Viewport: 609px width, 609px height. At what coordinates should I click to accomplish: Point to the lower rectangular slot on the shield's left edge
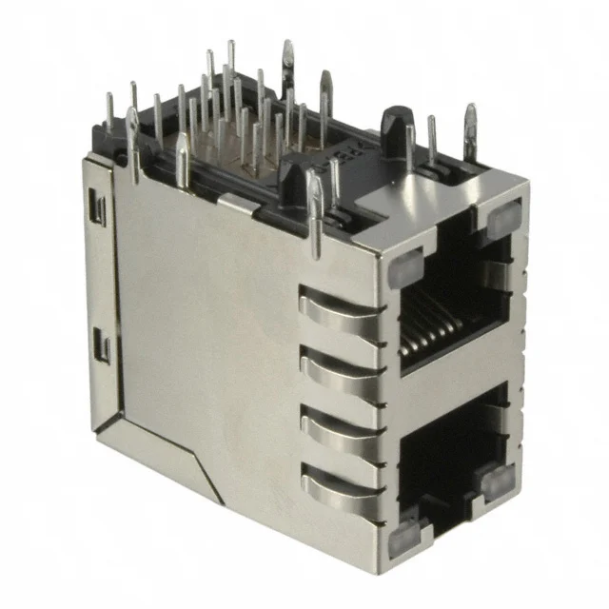point(104,348)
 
